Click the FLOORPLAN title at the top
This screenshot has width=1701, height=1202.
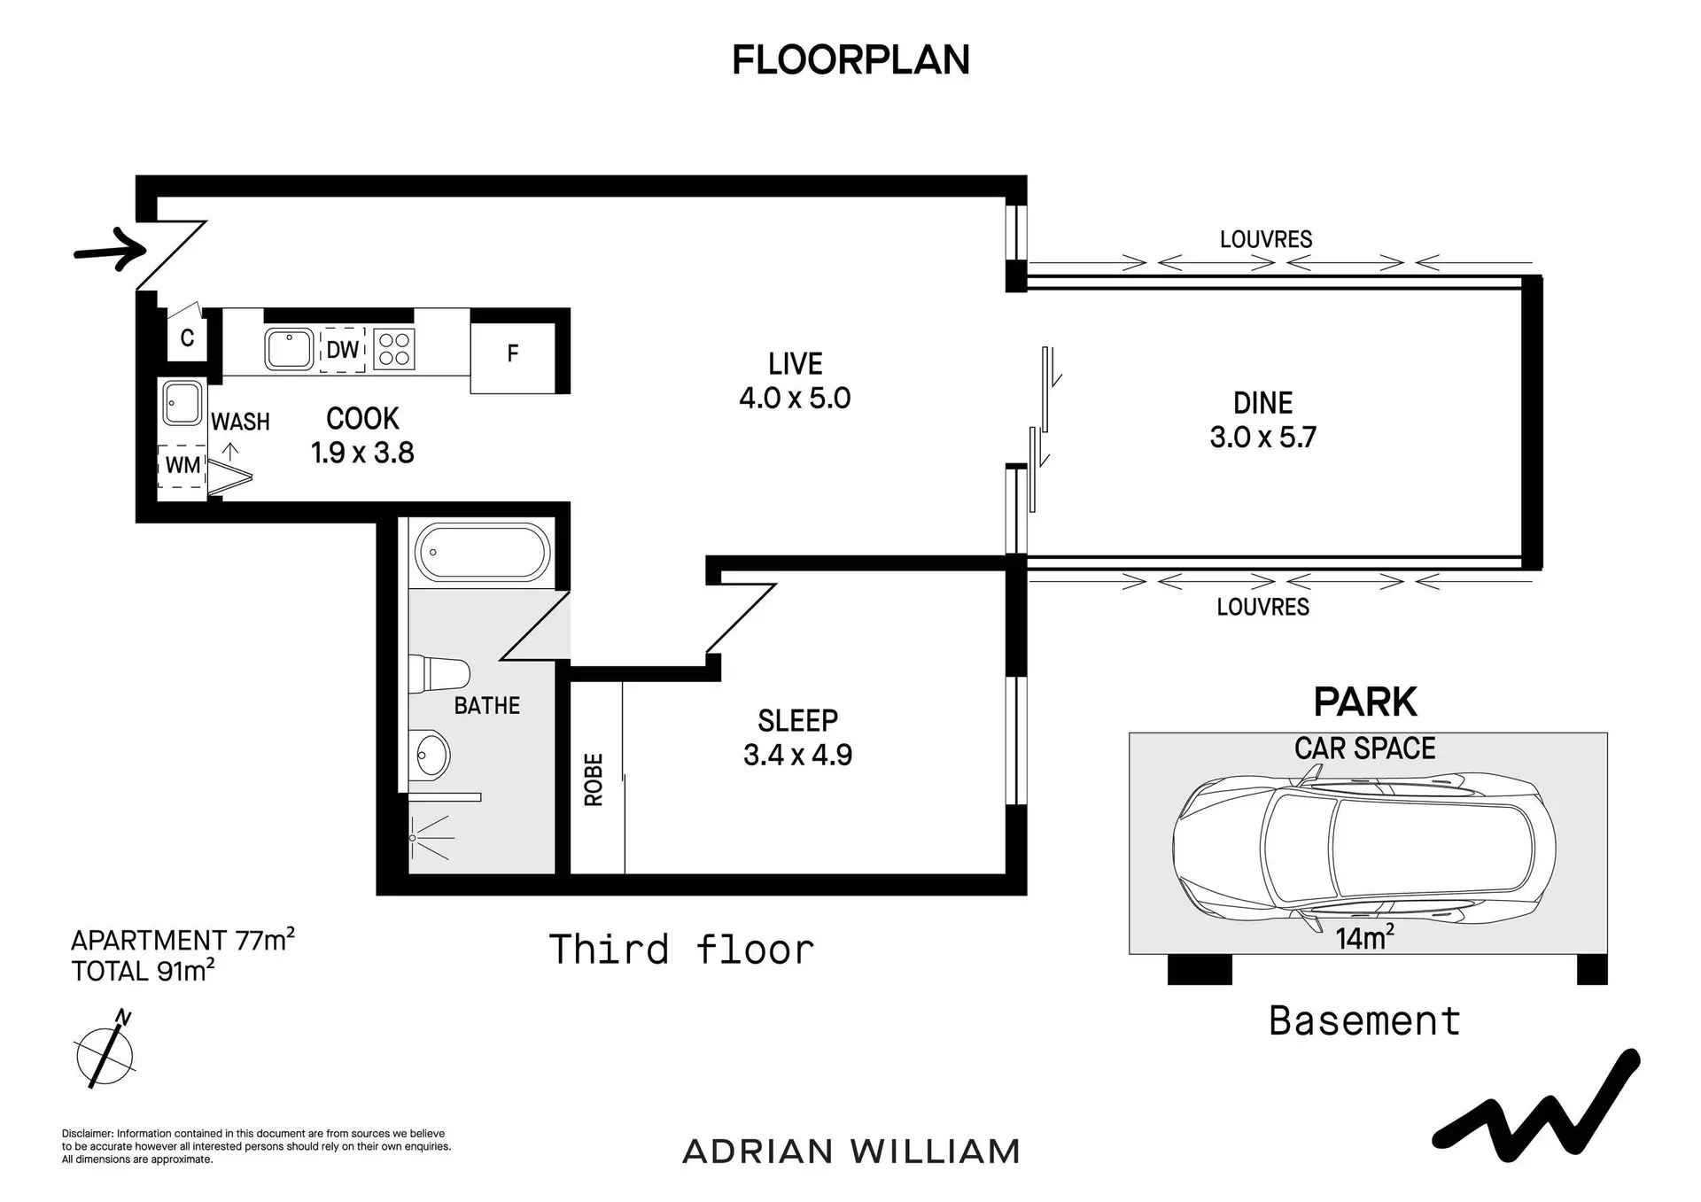(850, 60)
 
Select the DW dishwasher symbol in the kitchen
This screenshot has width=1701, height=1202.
(342, 350)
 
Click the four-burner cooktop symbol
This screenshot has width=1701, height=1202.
(394, 348)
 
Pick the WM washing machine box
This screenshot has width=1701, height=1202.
(182, 466)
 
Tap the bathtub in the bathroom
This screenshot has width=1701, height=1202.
(483, 553)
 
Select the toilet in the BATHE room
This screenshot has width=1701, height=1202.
(439, 674)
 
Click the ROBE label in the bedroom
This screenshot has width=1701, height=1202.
(594, 779)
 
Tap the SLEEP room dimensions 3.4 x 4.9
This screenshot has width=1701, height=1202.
(797, 755)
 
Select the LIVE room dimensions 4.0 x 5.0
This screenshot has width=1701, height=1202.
(795, 398)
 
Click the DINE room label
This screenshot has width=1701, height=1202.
(1262, 403)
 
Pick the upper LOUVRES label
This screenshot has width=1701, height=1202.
(1266, 239)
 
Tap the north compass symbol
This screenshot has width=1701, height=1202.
(105, 1051)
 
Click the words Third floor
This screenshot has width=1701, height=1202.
(681, 950)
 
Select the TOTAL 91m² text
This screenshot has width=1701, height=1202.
(144, 971)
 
